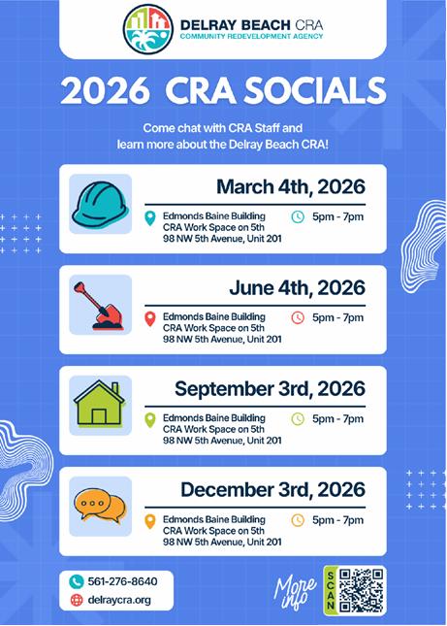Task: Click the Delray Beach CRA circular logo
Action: tap(151, 30)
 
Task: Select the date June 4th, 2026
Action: tap(298, 287)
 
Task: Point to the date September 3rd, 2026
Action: tap(270, 388)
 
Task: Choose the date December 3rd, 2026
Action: tap(272, 489)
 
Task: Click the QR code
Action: tap(365, 589)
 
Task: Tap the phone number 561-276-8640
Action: tap(122, 580)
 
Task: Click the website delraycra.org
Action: tap(119, 600)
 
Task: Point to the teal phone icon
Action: tap(77, 580)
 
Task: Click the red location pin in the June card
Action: tap(149, 318)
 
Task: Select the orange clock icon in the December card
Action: tap(298, 520)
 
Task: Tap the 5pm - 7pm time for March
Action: tap(337, 216)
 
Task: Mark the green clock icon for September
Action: tap(298, 419)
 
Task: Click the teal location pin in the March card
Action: tap(149, 217)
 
